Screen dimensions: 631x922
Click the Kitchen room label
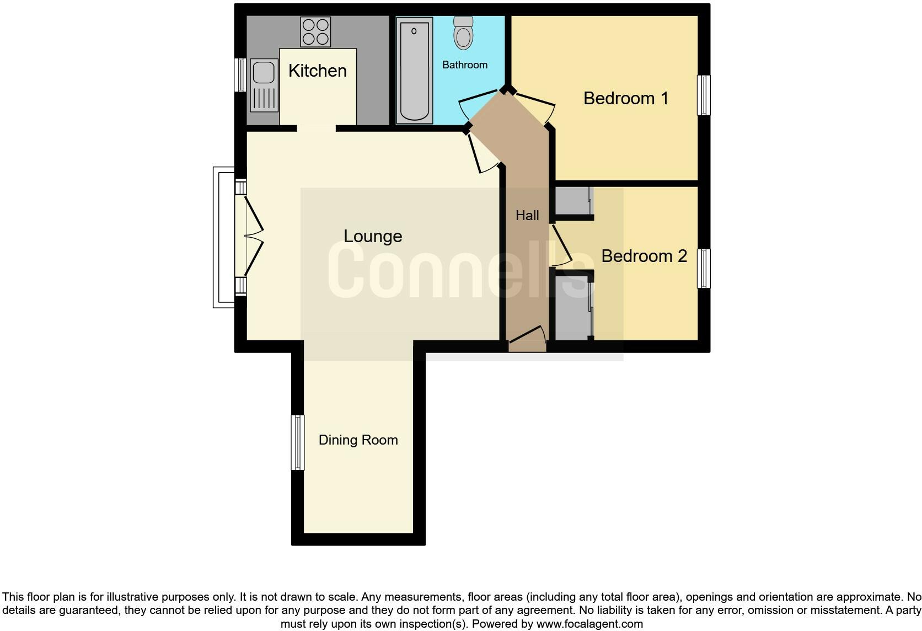point(317,71)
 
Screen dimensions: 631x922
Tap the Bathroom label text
point(465,65)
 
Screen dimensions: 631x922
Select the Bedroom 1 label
point(626,98)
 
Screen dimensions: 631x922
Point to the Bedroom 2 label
point(644,256)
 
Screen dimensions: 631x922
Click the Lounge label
point(373,236)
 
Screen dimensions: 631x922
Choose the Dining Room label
point(358,440)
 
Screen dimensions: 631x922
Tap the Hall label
point(527,216)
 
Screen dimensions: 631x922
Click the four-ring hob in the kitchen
point(315,32)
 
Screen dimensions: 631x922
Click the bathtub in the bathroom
point(414,69)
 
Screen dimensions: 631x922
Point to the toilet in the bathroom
point(464,33)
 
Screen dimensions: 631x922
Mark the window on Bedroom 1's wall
point(704,95)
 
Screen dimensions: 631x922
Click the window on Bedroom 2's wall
point(704,269)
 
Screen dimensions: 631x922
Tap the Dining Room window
point(298,442)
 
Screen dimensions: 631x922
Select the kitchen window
point(240,75)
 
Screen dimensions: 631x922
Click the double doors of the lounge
point(253,237)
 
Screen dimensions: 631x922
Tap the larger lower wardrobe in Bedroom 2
point(573,307)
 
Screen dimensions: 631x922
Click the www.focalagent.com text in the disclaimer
point(589,624)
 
